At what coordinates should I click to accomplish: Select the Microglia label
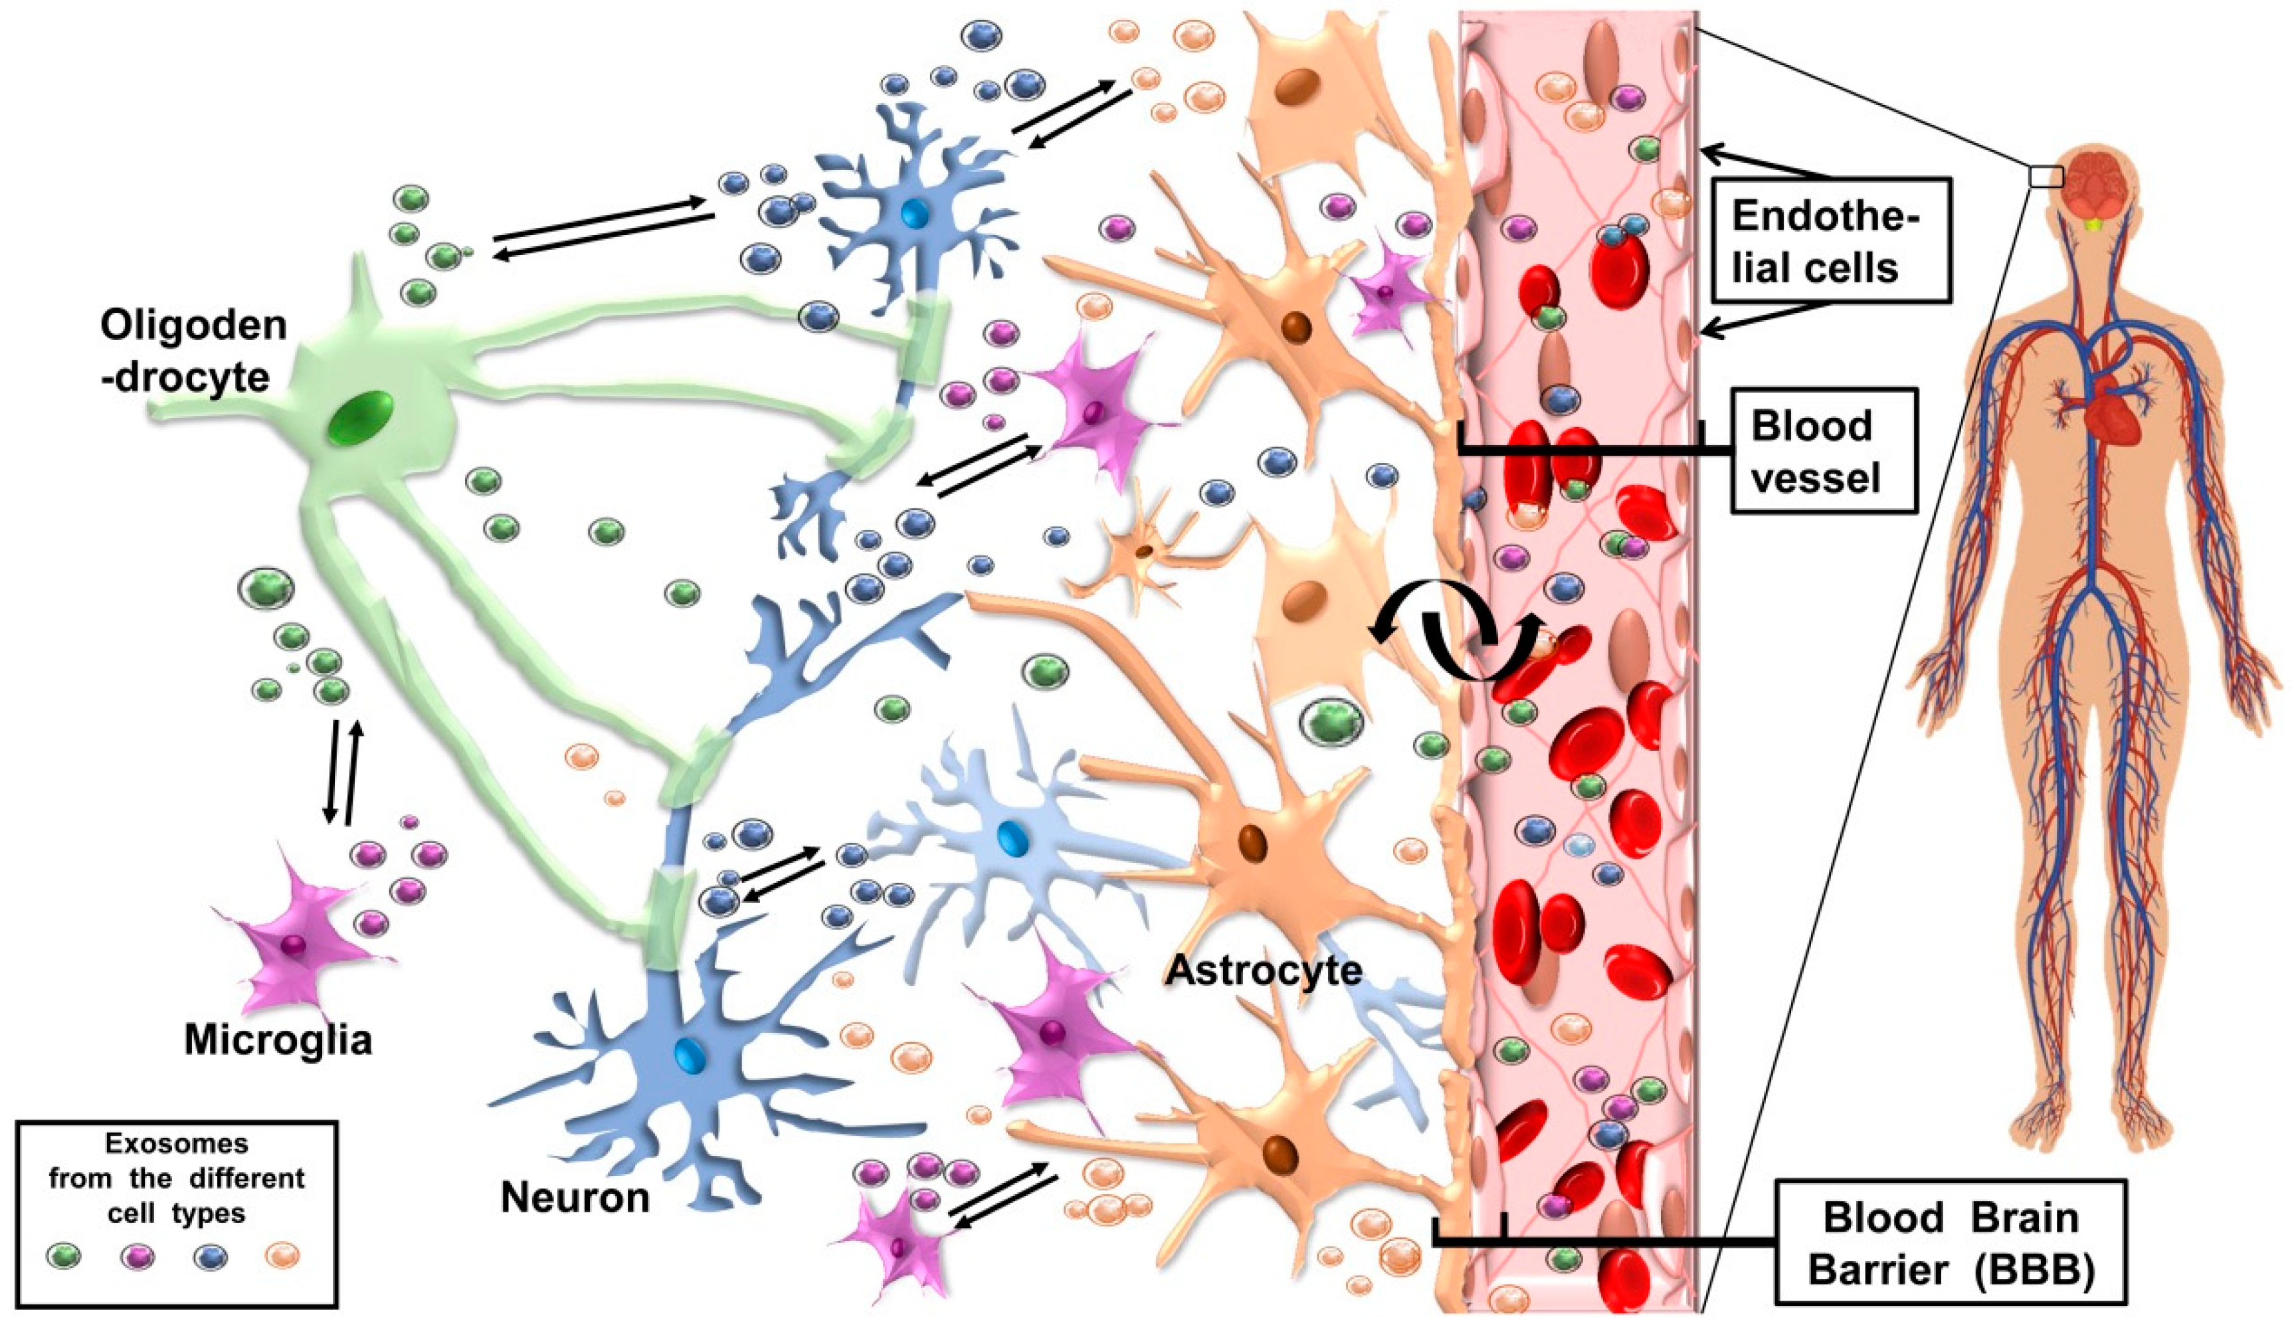pos(278,1039)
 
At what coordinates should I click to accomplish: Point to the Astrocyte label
pos(1264,971)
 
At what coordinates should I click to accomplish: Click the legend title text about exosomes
pos(177,1179)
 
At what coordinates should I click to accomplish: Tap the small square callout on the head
pos(2044,175)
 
